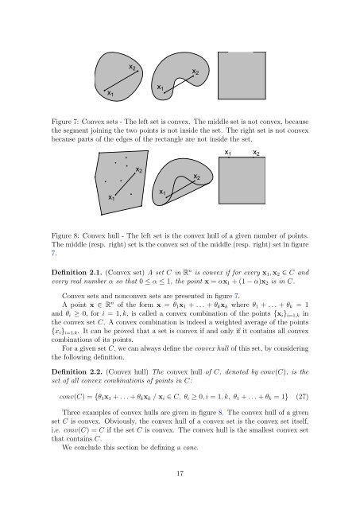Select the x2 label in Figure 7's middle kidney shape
point(196,73)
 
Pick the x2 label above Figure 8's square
point(255,153)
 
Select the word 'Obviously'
point(116,444)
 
